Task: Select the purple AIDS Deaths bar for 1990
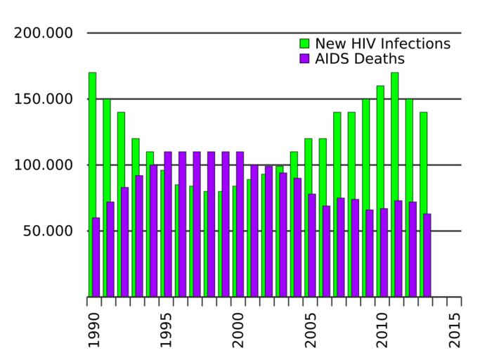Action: pyautogui.click(x=96, y=257)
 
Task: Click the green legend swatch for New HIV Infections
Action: pyautogui.click(x=304, y=44)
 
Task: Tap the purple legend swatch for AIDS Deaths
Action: pyautogui.click(x=304, y=58)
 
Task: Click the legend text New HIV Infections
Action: pyautogui.click(x=382, y=44)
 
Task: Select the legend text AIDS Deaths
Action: pyautogui.click(x=359, y=58)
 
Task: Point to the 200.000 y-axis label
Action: pyautogui.click(x=44, y=33)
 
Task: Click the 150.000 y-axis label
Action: pyautogui.click(x=44, y=99)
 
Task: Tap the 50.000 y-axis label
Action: pyautogui.click(x=48, y=231)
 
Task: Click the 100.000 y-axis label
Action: pyautogui.click(x=44, y=165)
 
